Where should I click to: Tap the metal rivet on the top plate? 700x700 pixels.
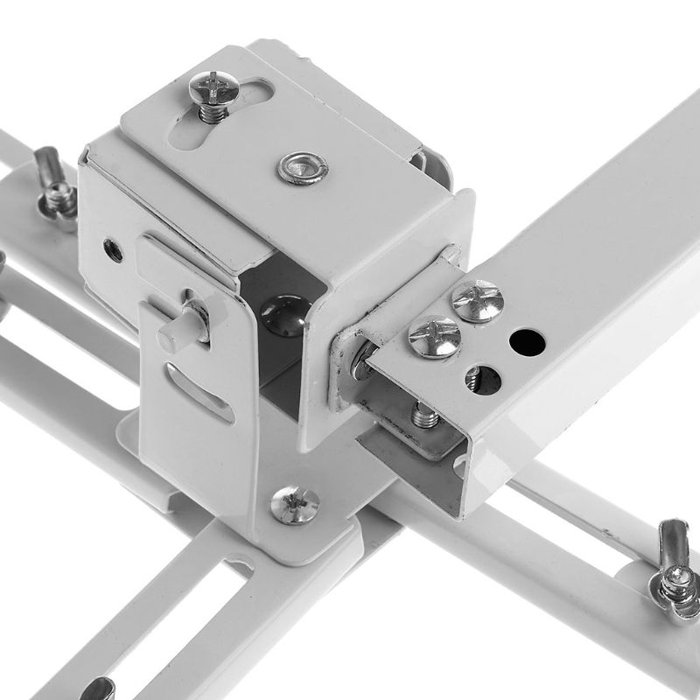pos(303,167)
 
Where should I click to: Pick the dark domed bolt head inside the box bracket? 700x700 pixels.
pos(285,314)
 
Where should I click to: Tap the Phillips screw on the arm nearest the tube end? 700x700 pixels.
pos(434,336)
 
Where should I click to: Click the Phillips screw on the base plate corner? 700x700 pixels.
pos(294,505)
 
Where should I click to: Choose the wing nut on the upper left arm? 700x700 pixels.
pos(54,185)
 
